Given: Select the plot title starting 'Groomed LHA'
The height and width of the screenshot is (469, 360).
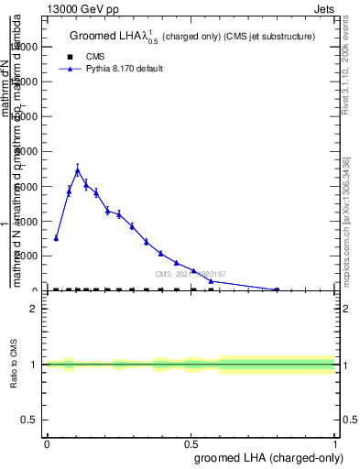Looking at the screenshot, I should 191,37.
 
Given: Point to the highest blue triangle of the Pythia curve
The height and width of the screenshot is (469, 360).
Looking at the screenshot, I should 78,170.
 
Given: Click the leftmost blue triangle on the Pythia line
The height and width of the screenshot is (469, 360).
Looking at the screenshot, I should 56,238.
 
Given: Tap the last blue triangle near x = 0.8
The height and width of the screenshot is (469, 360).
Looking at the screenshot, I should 277,289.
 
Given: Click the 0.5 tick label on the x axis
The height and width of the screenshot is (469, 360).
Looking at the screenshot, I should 191,443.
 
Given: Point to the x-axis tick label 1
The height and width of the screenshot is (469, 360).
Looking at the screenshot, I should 335,443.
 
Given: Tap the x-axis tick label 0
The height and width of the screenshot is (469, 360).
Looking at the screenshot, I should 47,443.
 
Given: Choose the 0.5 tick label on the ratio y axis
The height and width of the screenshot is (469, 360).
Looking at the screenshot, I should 30,420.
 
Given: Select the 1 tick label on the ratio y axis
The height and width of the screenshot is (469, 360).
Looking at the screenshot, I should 34,365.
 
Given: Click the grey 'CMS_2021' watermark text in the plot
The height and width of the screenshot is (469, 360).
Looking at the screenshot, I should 191,274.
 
